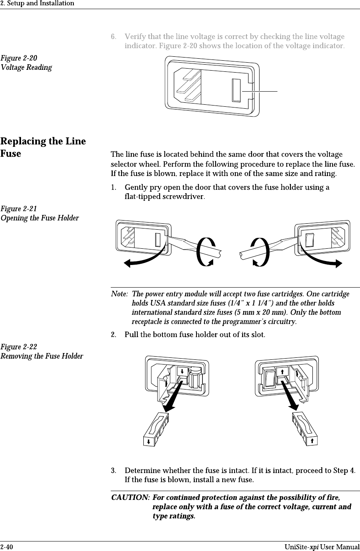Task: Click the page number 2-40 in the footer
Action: tap(7, 547)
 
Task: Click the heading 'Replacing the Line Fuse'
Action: tap(43, 147)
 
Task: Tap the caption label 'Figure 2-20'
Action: tap(19, 58)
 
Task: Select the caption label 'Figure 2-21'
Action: tap(19, 209)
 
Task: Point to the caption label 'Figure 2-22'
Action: tap(19, 347)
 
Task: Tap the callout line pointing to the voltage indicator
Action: tap(260, 91)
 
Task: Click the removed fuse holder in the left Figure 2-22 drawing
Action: tap(156, 430)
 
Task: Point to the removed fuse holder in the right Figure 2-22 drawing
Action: tap(305, 429)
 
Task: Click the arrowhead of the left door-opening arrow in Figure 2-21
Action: tap(128, 263)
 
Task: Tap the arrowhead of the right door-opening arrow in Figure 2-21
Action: tap(338, 263)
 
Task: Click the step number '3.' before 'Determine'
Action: tap(114, 471)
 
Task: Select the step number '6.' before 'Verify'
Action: tap(114, 37)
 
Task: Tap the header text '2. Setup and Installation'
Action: tap(37, 3)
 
